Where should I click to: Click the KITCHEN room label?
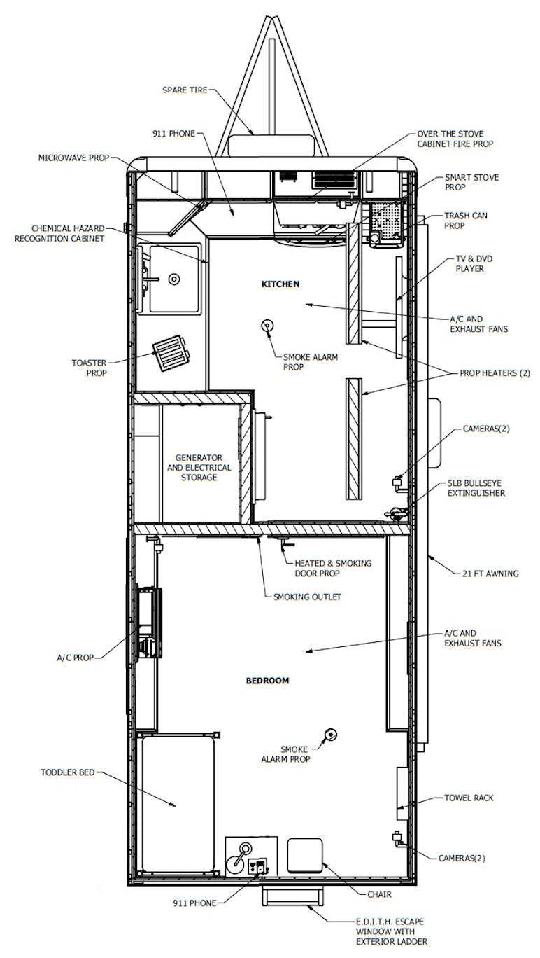click(x=280, y=284)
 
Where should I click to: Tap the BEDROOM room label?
click(x=267, y=681)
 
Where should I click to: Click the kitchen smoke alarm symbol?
click(x=267, y=326)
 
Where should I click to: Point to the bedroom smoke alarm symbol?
click(x=330, y=735)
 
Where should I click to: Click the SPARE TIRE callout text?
click(x=185, y=90)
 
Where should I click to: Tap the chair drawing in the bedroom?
click(x=304, y=855)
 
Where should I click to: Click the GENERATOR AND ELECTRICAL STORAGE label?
click(x=199, y=468)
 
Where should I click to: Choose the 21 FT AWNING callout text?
click(x=490, y=574)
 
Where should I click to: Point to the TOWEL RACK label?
click(x=469, y=798)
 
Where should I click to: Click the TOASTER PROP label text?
click(x=89, y=368)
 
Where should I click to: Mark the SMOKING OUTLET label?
click(x=307, y=597)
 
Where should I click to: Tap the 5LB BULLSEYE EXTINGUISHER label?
click(x=476, y=488)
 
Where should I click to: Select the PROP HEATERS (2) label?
click(x=495, y=373)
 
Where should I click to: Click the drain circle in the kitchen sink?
click(x=174, y=279)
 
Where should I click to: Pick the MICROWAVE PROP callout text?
click(x=73, y=158)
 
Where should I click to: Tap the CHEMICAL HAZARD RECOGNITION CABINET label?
click(x=59, y=233)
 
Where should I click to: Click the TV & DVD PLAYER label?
click(x=474, y=263)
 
